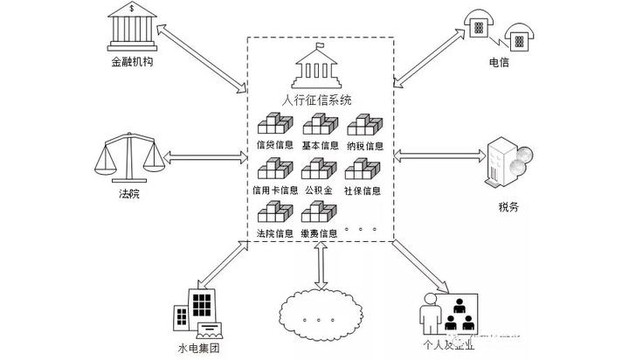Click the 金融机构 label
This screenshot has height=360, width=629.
[x=131, y=63]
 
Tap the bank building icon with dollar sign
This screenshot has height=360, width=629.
[x=130, y=27]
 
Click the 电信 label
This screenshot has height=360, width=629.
[x=500, y=64]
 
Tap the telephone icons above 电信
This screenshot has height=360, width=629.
[x=499, y=30]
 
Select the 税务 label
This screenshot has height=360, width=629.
[x=508, y=207]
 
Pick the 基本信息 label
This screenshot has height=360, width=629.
[x=320, y=145]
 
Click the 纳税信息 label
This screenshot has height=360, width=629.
[x=364, y=145]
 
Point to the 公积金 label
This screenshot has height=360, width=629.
[x=319, y=190]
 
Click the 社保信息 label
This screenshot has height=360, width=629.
[x=363, y=190]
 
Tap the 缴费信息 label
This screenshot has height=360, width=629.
[x=319, y=233]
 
